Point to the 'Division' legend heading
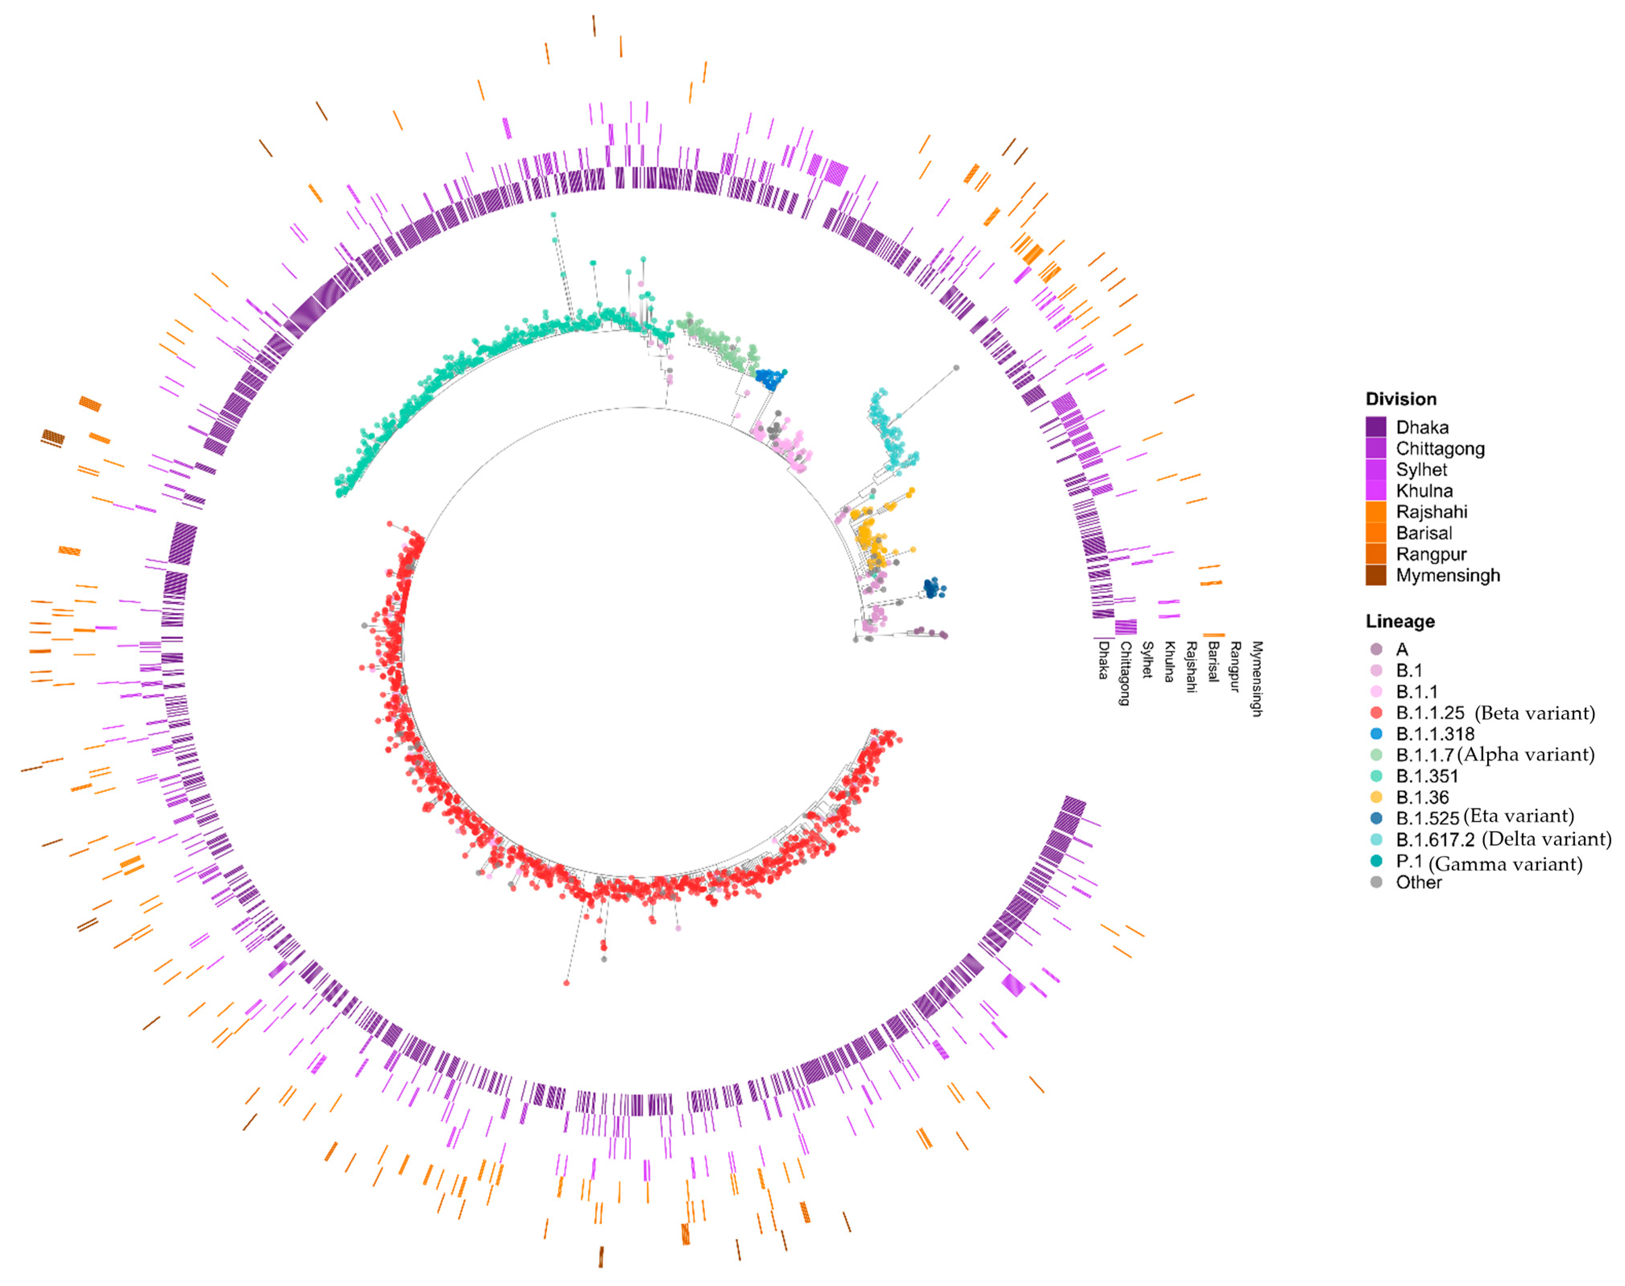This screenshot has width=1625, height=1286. pyautogui.click(x=1401, y=399)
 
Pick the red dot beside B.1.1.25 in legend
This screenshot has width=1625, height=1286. pyautogui.click(x=1376, y=712)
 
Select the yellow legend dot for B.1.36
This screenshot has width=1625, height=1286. pyautogui.click(x=1376, y=797)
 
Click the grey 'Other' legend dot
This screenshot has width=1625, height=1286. pyautogui.click(x=1376, y=882)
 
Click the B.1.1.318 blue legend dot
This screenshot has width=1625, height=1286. pyautogui.click(x=1376, y=733)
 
